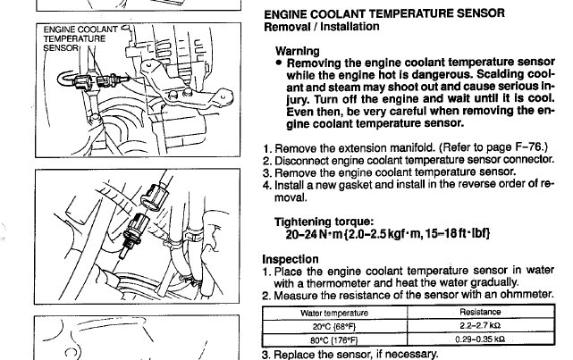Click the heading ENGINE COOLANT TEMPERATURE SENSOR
[x=384, y=14]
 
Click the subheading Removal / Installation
[x=322, y=27]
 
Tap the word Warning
[x=297, y=51]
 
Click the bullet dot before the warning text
[x=280, y=63]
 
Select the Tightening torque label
[x=324, y=222]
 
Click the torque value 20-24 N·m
[x=314, y=234]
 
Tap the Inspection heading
[x=291, y=259]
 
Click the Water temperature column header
[x=334, y=314]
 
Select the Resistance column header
[x=480, y=312]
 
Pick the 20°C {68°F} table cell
[x=334, y=326]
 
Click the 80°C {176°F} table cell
[x=334, y=340]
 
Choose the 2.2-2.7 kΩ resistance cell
[x=480, y=325]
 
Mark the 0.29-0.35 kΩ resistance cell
[x=480, y=339]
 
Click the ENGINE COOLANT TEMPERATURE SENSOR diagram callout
[x=80, y=38]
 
